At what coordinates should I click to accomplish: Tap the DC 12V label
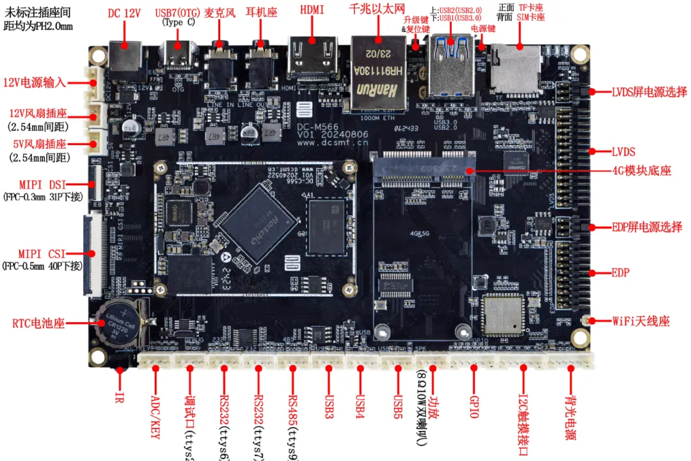[123, 13]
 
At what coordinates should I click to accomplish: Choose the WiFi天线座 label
[640, 321]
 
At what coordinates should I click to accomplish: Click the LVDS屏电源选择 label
[649, 91]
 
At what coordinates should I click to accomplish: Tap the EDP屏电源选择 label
[646, 227]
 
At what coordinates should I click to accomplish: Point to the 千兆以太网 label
[377, 8]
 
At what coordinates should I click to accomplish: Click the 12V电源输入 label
[35, 82]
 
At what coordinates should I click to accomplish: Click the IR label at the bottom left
[118, 396]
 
